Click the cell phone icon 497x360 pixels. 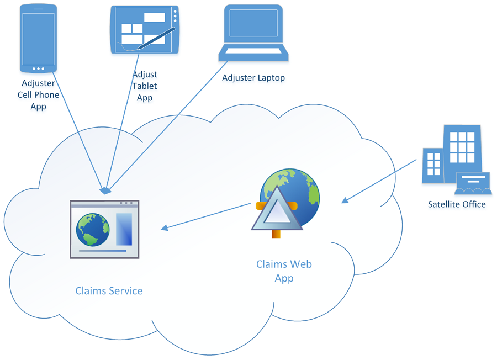(x=38, y=38)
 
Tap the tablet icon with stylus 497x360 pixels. (x=145, y=30)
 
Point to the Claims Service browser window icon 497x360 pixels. (x=104, y=229)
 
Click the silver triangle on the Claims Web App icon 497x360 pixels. (x=277, y=210)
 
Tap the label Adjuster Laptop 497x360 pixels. (x=253, y=78)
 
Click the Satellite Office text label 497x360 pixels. (x=457, y=204)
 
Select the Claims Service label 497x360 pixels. (x=109, y=291)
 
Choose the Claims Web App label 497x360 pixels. (x=284, y=271)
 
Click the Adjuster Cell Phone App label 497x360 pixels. (x=38, y=94)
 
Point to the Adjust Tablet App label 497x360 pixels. (x=145, y=86)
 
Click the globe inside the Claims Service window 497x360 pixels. (x=93, y=229)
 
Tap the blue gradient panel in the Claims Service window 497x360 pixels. (x=124, y=229)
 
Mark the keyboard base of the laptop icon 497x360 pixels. (x=253, y=53)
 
